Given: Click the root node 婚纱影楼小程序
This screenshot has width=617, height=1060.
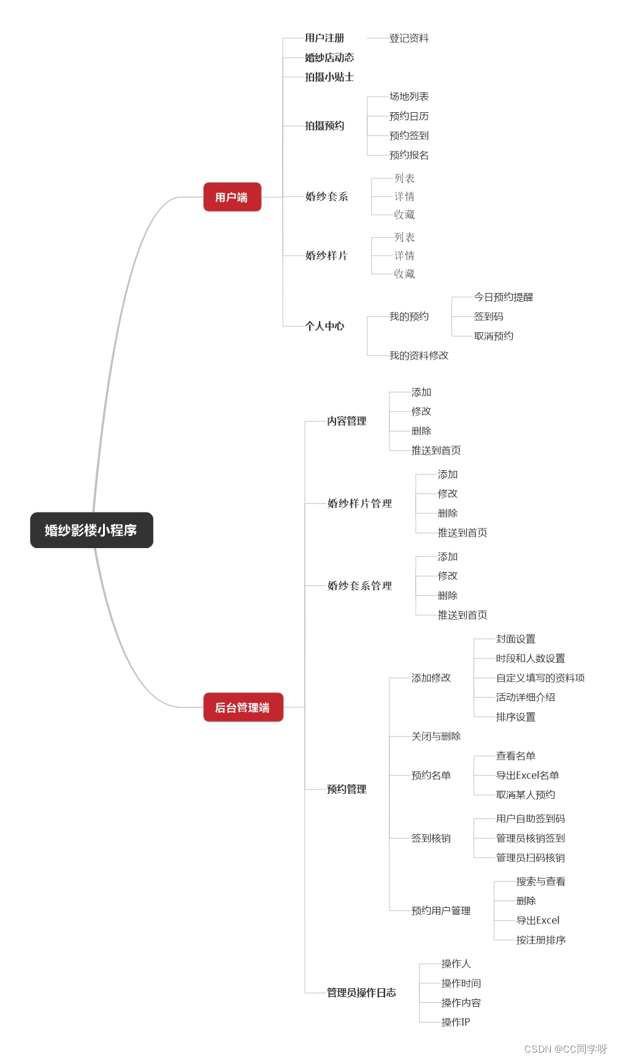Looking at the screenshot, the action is (91, 530).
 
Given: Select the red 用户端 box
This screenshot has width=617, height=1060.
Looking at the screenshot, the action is (232, 197).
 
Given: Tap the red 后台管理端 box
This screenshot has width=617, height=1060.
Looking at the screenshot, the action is (243, 707).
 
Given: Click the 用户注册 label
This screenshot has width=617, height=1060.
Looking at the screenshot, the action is (324, 38).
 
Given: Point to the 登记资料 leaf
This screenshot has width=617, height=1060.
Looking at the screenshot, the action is (409, 38).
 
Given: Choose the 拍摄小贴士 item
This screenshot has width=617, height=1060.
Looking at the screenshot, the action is (329, 77).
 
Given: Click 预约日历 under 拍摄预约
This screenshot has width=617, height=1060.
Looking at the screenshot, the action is (409, 116).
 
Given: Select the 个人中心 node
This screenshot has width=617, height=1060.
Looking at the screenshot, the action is (324, 326).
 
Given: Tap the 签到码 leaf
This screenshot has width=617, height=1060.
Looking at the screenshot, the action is (489, 316).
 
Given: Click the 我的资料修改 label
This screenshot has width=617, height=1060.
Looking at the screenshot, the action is (419, 356).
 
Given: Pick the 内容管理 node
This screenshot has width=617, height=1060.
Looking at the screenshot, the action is (347, 421).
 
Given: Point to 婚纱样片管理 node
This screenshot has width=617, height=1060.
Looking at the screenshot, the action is (359, 503).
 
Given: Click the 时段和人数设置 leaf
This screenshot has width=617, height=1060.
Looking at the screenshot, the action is (531, 658).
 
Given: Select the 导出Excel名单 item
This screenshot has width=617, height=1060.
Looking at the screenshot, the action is (527, 776).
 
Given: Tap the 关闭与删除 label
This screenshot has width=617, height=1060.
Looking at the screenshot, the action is (436, 736).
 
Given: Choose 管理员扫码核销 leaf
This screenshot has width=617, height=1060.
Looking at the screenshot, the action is (531, 858).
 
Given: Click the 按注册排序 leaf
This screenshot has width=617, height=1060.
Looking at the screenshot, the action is (541, 940).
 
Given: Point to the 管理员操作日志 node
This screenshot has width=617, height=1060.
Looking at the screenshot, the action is (361, 993).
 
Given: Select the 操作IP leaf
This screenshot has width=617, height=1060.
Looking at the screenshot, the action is (456, 1022).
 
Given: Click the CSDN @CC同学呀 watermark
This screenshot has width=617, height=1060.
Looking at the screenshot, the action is (565, 1049).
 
